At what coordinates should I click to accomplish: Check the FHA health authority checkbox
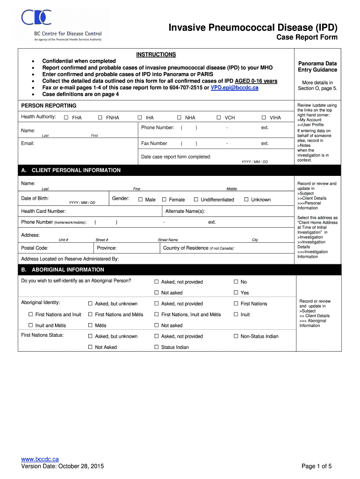66,118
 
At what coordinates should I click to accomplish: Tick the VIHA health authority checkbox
264,118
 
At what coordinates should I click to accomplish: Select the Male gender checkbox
140,200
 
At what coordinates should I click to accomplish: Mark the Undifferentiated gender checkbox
196,200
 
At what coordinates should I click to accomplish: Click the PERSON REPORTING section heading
49,106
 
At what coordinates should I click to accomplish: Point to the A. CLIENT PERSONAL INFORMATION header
71,170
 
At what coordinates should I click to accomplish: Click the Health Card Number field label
43,211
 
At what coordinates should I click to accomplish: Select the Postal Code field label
35,248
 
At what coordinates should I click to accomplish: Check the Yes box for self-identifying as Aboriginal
236,293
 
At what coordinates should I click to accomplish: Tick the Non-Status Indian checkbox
236,336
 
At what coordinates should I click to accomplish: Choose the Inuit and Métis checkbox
31,326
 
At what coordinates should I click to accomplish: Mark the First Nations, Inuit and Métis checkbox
157,315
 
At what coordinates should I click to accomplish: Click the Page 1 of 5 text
317,466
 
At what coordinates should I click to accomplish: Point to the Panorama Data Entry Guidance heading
317,66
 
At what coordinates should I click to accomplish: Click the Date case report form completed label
176,157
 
